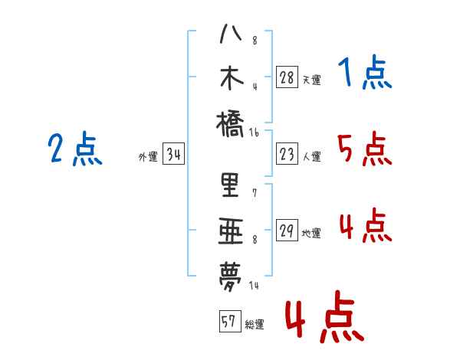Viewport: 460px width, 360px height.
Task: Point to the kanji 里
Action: [230, 185]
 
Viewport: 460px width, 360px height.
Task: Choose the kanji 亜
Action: [230, 229]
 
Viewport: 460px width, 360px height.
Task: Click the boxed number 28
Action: [287, 77]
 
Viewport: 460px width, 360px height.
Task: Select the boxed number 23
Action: [287, 155]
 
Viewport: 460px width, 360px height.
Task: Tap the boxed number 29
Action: [287, 231]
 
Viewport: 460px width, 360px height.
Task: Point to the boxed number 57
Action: [228, 322]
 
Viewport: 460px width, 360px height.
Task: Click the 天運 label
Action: [311, 79]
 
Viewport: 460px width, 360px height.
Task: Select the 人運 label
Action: [311, 156]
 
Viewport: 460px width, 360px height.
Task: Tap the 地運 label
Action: [311, 233]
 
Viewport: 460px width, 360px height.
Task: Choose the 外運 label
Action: [148, 157]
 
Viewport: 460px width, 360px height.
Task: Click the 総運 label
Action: [255, 324]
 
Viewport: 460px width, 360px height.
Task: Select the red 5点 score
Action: [364, 149]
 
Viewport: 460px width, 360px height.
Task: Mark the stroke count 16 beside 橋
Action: [255, 133]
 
